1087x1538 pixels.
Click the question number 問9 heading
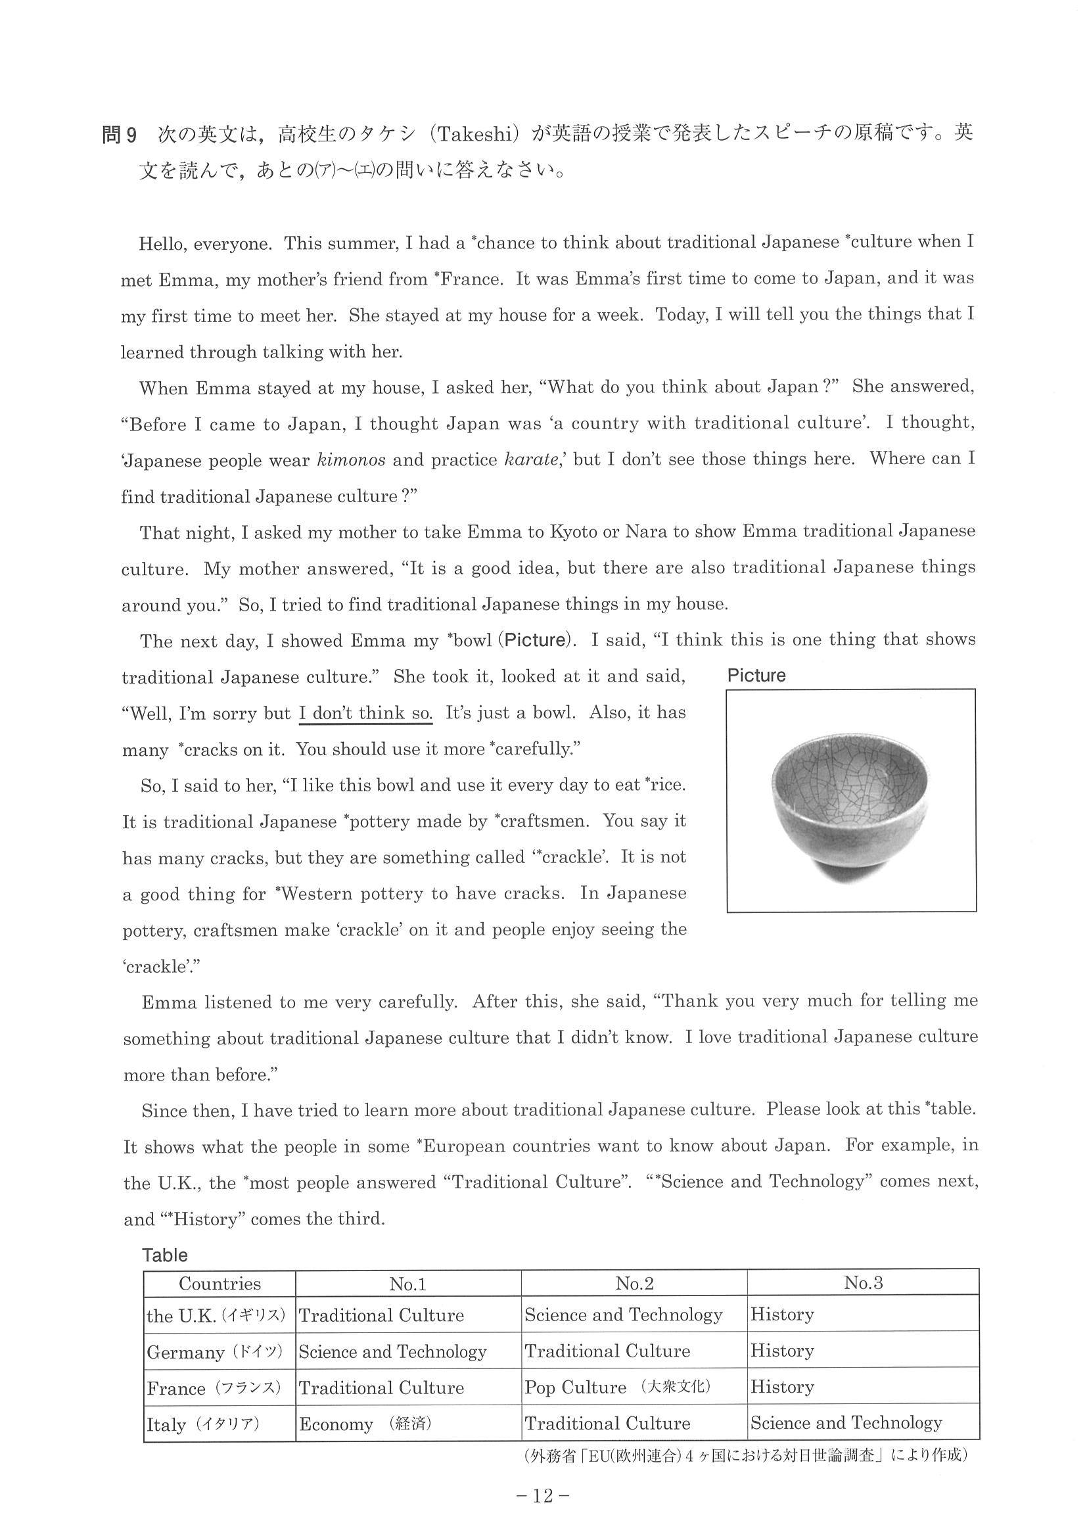point(119,135)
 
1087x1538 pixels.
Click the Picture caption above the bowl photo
point(756,675)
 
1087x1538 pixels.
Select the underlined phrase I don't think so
point(365,713)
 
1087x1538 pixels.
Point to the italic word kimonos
point(350,461)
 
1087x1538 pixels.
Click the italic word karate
point(532,461)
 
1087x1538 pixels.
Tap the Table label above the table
point(165,1255)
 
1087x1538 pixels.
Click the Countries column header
point(220,1284)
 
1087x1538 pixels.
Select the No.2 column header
point(634,1284)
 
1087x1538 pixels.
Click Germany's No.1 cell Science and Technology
point(392,1352)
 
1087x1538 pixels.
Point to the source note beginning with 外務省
point(743,1456)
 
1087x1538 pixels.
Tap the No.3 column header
point(863,1283)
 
